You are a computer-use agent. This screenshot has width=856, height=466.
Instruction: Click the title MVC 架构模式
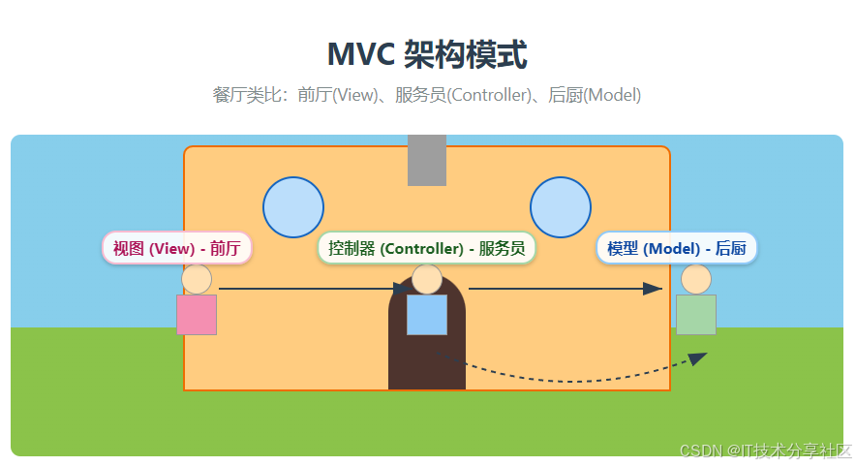427,55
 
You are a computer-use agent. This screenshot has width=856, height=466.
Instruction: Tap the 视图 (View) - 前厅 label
177,248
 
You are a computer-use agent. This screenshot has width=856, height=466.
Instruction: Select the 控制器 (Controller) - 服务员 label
427,248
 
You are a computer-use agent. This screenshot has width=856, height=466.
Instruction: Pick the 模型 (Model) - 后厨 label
677,248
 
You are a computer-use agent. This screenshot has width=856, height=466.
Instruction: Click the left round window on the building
293,207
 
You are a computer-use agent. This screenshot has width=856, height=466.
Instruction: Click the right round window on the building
561,207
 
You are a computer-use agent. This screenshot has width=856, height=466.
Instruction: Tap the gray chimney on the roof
427,160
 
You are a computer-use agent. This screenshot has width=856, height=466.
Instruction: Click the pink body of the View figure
197,315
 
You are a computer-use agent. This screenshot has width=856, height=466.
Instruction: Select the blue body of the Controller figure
427,315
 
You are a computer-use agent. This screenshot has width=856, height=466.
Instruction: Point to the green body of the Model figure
695,315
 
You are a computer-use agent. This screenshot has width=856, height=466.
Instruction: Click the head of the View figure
197,279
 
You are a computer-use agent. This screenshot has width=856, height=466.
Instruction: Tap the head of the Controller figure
427,279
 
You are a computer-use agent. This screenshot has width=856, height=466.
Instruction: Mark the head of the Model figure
695,279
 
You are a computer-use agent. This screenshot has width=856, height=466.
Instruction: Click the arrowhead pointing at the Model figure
653,289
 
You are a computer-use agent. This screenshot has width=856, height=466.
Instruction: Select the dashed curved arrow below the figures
571,380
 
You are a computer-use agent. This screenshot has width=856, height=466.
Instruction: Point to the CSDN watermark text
765,450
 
